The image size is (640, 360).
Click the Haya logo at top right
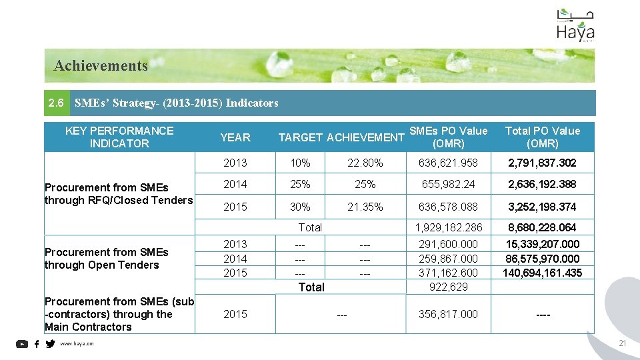coord(575,26)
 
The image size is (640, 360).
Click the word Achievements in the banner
coord(101,65)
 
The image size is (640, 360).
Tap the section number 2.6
coord(57,103)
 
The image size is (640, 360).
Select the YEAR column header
coord(235,137)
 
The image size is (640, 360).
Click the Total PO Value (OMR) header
coord(542,137)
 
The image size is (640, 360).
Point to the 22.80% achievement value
coord(365,163)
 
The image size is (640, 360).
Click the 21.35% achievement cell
coord(365,207)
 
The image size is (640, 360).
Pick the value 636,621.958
coord(448,163)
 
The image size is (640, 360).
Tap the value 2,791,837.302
coord(542,163)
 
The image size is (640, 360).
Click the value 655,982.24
coord(448,184)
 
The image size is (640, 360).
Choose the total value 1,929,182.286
coord(448,227)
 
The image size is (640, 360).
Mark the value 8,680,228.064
coord(542,227)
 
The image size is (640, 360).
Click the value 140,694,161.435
coord(542,273)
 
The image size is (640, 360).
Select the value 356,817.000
coord(448,314)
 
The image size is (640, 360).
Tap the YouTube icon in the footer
coord(22,344)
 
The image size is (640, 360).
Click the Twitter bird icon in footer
coord(50,344)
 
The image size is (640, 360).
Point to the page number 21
coord(623,343)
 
